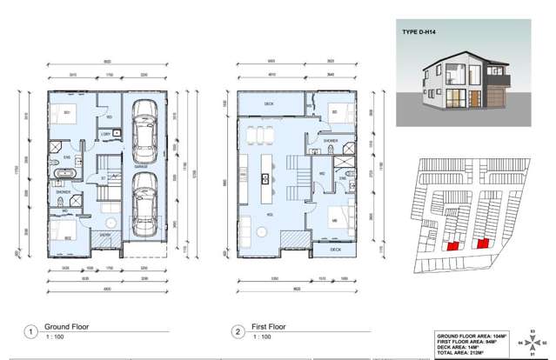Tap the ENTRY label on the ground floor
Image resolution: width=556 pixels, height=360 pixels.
105,235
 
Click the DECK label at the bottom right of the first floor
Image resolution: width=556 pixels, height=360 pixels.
336,250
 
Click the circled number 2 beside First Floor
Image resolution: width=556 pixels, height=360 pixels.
238,331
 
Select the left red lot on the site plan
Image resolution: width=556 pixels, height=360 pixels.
452,246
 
